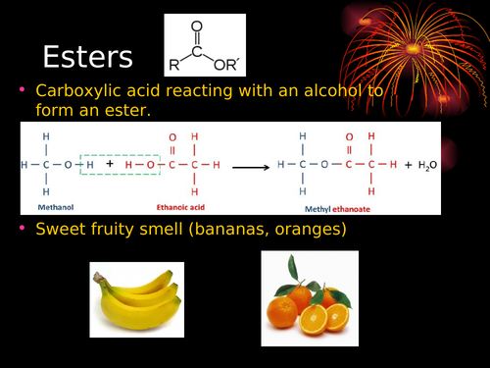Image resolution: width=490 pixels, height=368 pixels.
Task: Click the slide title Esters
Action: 88,56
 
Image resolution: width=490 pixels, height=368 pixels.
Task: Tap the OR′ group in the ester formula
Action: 233,66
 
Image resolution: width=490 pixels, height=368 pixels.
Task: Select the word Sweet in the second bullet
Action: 59,230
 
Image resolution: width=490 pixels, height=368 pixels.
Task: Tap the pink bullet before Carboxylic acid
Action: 23,89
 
